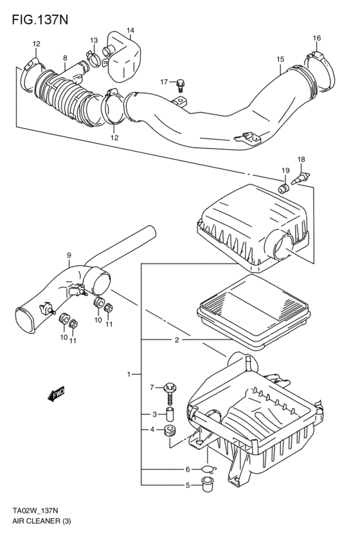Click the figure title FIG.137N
40,19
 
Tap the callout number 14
130,30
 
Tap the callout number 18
301,159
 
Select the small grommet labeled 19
282,188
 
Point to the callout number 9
69,256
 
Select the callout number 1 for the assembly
129,373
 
